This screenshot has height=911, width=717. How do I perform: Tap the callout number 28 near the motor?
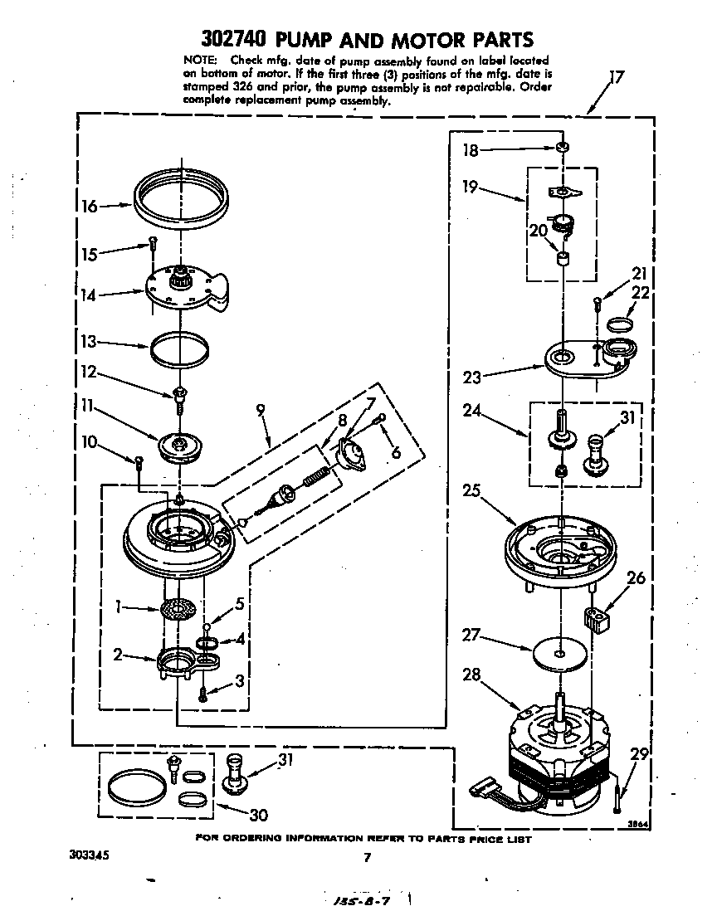pyautogui.click(x=472, y=675)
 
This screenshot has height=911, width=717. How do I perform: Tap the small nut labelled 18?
pyautogui.click(x=563, y=149)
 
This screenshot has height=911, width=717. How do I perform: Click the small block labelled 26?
pyautogui.click(x=597, y=619)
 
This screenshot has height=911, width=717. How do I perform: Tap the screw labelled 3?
pyautogui.click(x=202, y=694)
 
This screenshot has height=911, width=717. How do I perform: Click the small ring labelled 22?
pyautogui.click(x=622, y=321)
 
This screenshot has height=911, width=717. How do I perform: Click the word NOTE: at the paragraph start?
pyautogui.click(x=199, y=61)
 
